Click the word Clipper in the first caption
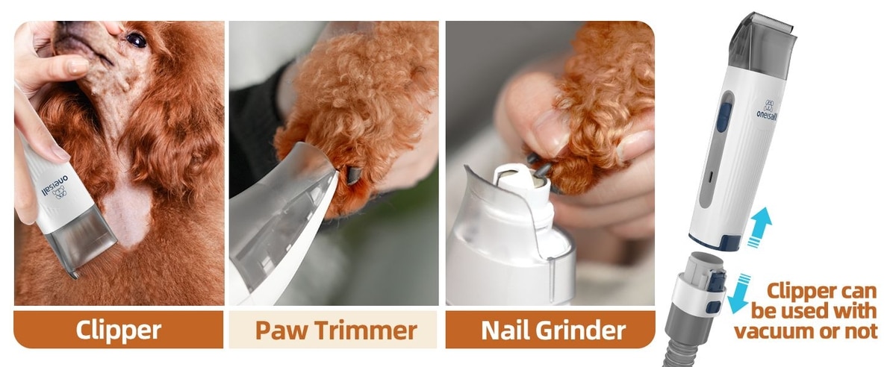(x=119, y=330)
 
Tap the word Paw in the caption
(x=281, y=330)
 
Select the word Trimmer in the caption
(x=366, y=330)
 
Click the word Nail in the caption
(x=505, y=330)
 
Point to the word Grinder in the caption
(x=581, y=330)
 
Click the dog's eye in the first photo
(x=136, y=40)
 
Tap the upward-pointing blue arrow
(x=760, y=227)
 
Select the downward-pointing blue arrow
(x=738, y=294)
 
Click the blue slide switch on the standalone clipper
(x=724, y=118)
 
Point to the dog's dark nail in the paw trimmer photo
(x=352, y=176)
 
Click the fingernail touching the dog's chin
(x=77, y=66)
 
